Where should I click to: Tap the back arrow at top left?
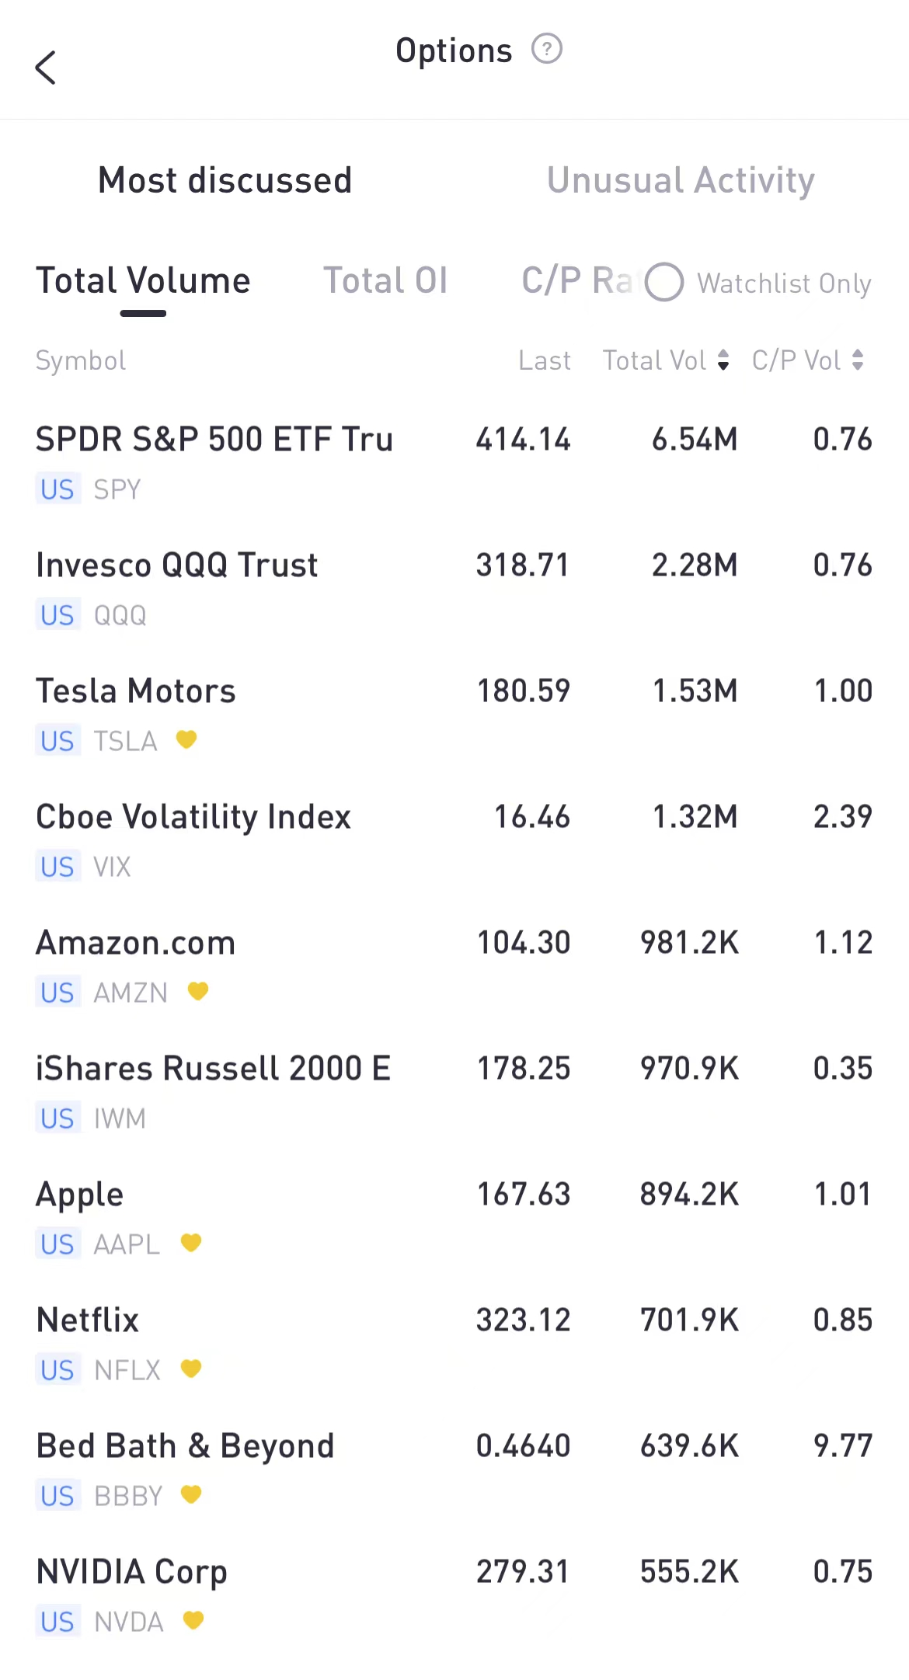click(x=46, y=68)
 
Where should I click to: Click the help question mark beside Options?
click(x=546, y=49)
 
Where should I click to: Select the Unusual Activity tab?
click(x=681, y=180)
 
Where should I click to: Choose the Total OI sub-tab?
click(x=385, y=281)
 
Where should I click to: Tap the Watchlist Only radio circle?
click(x=664, y=282)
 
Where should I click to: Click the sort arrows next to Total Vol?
click(x=723, y=360)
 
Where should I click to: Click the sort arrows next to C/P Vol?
click(x=858, y=360)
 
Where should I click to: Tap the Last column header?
click(x=544, y=360)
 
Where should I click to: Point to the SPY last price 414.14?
click(x=523, y=440)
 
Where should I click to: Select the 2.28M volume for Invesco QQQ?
click(x=694, y=565)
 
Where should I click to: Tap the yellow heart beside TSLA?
click(x=186, y=739)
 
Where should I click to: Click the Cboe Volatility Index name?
click(x=193, y=817)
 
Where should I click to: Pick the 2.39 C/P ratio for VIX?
click(x=842, y=817)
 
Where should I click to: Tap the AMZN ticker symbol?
click(x=131, y=993)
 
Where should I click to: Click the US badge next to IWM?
click(x=57, y=1118)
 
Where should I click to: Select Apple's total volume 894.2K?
click(x=689, y=1195)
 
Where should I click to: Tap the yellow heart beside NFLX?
click(x=191, y=1369)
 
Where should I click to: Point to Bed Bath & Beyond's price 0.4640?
click(x=523, y=1446)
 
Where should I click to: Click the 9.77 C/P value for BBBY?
click(x=842, y=1446)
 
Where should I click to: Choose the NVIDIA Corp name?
click(x=132, y=1572)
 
